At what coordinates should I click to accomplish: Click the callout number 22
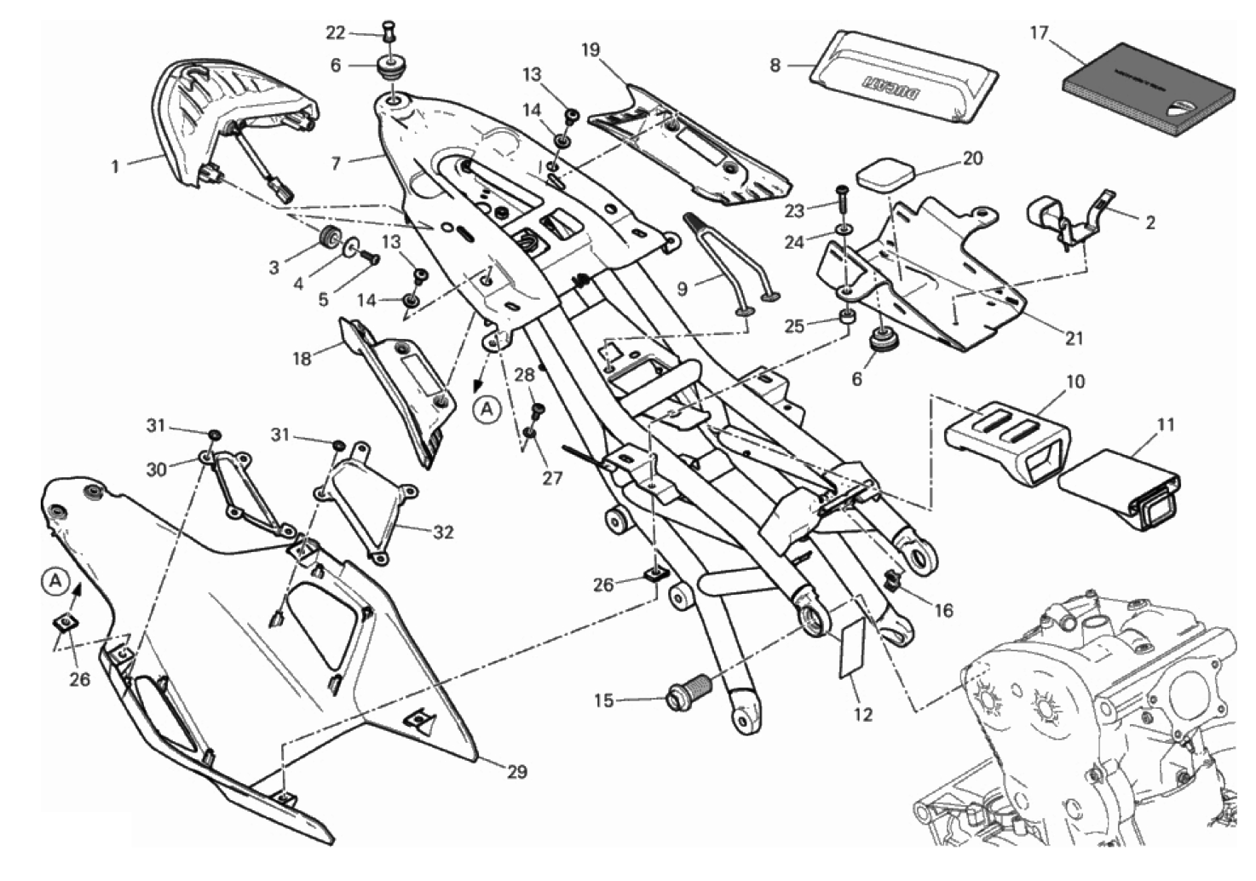point(336,33)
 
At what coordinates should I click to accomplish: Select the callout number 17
point(1038,33)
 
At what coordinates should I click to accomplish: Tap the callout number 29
point(516,773)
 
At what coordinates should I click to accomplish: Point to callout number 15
point(603,701)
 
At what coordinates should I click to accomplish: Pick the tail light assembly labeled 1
point(230,119)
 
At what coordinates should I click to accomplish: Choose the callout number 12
point(863,714)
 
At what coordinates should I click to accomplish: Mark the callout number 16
point(942,611)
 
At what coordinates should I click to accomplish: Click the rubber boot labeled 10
point(1005,435)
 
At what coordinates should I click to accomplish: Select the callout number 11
point(1166,424)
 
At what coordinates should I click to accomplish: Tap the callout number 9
point(682,289)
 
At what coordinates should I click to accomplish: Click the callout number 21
point(1075,338)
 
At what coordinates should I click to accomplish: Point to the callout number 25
point(794,326)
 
